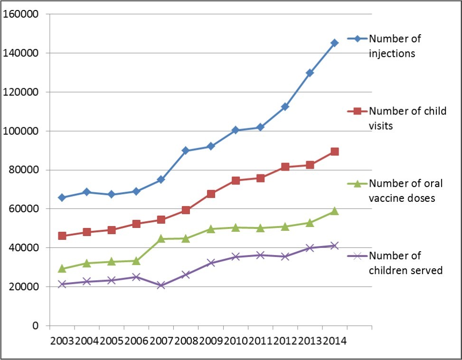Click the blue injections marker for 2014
click(x=334, y=43)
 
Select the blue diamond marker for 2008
click(x=186, y=151)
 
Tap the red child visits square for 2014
click(x=334, y=152)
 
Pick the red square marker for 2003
click(x=62, y=236)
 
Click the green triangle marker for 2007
click(x=161, y=238)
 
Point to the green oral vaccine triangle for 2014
click(x=334, y=211)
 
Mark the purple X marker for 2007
click(x=161, y=285)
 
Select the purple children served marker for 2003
click(x=62, y=284)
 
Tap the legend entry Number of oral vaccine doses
click(x=402, y=190)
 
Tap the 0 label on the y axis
click(x=35, y=326)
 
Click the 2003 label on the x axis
click(x=62, y=341)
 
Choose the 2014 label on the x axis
click(x=334, y=341)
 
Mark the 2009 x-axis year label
click(x=210, y=341)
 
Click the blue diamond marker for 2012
click(x=285, y=107)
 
